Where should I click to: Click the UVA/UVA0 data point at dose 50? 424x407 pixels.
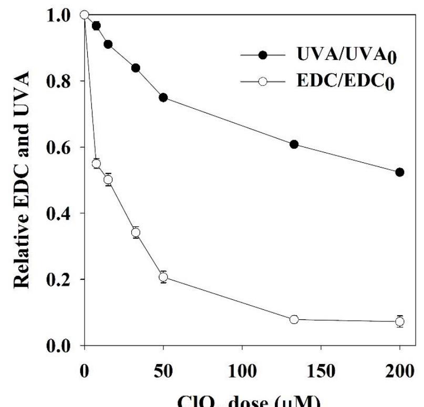click(x=163, y=98)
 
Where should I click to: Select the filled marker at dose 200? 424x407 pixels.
click(x=400, y=172)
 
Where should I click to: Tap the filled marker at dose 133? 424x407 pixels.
click(x=294, y=144)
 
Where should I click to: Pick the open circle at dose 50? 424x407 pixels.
click(x=163, y=277)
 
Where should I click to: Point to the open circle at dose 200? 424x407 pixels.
click(x=400, y=321)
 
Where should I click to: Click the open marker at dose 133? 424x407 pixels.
click(x=294, y=319)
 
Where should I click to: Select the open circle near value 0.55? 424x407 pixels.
click(x=96, y=163)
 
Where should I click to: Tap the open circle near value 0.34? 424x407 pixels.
click(x=136, y=233)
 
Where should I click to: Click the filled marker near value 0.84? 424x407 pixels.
click(x=136, y=68)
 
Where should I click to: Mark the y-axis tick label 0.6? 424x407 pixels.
click(x=56, y=148)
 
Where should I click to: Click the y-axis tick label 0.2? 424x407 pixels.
click(x=56, y=279)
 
